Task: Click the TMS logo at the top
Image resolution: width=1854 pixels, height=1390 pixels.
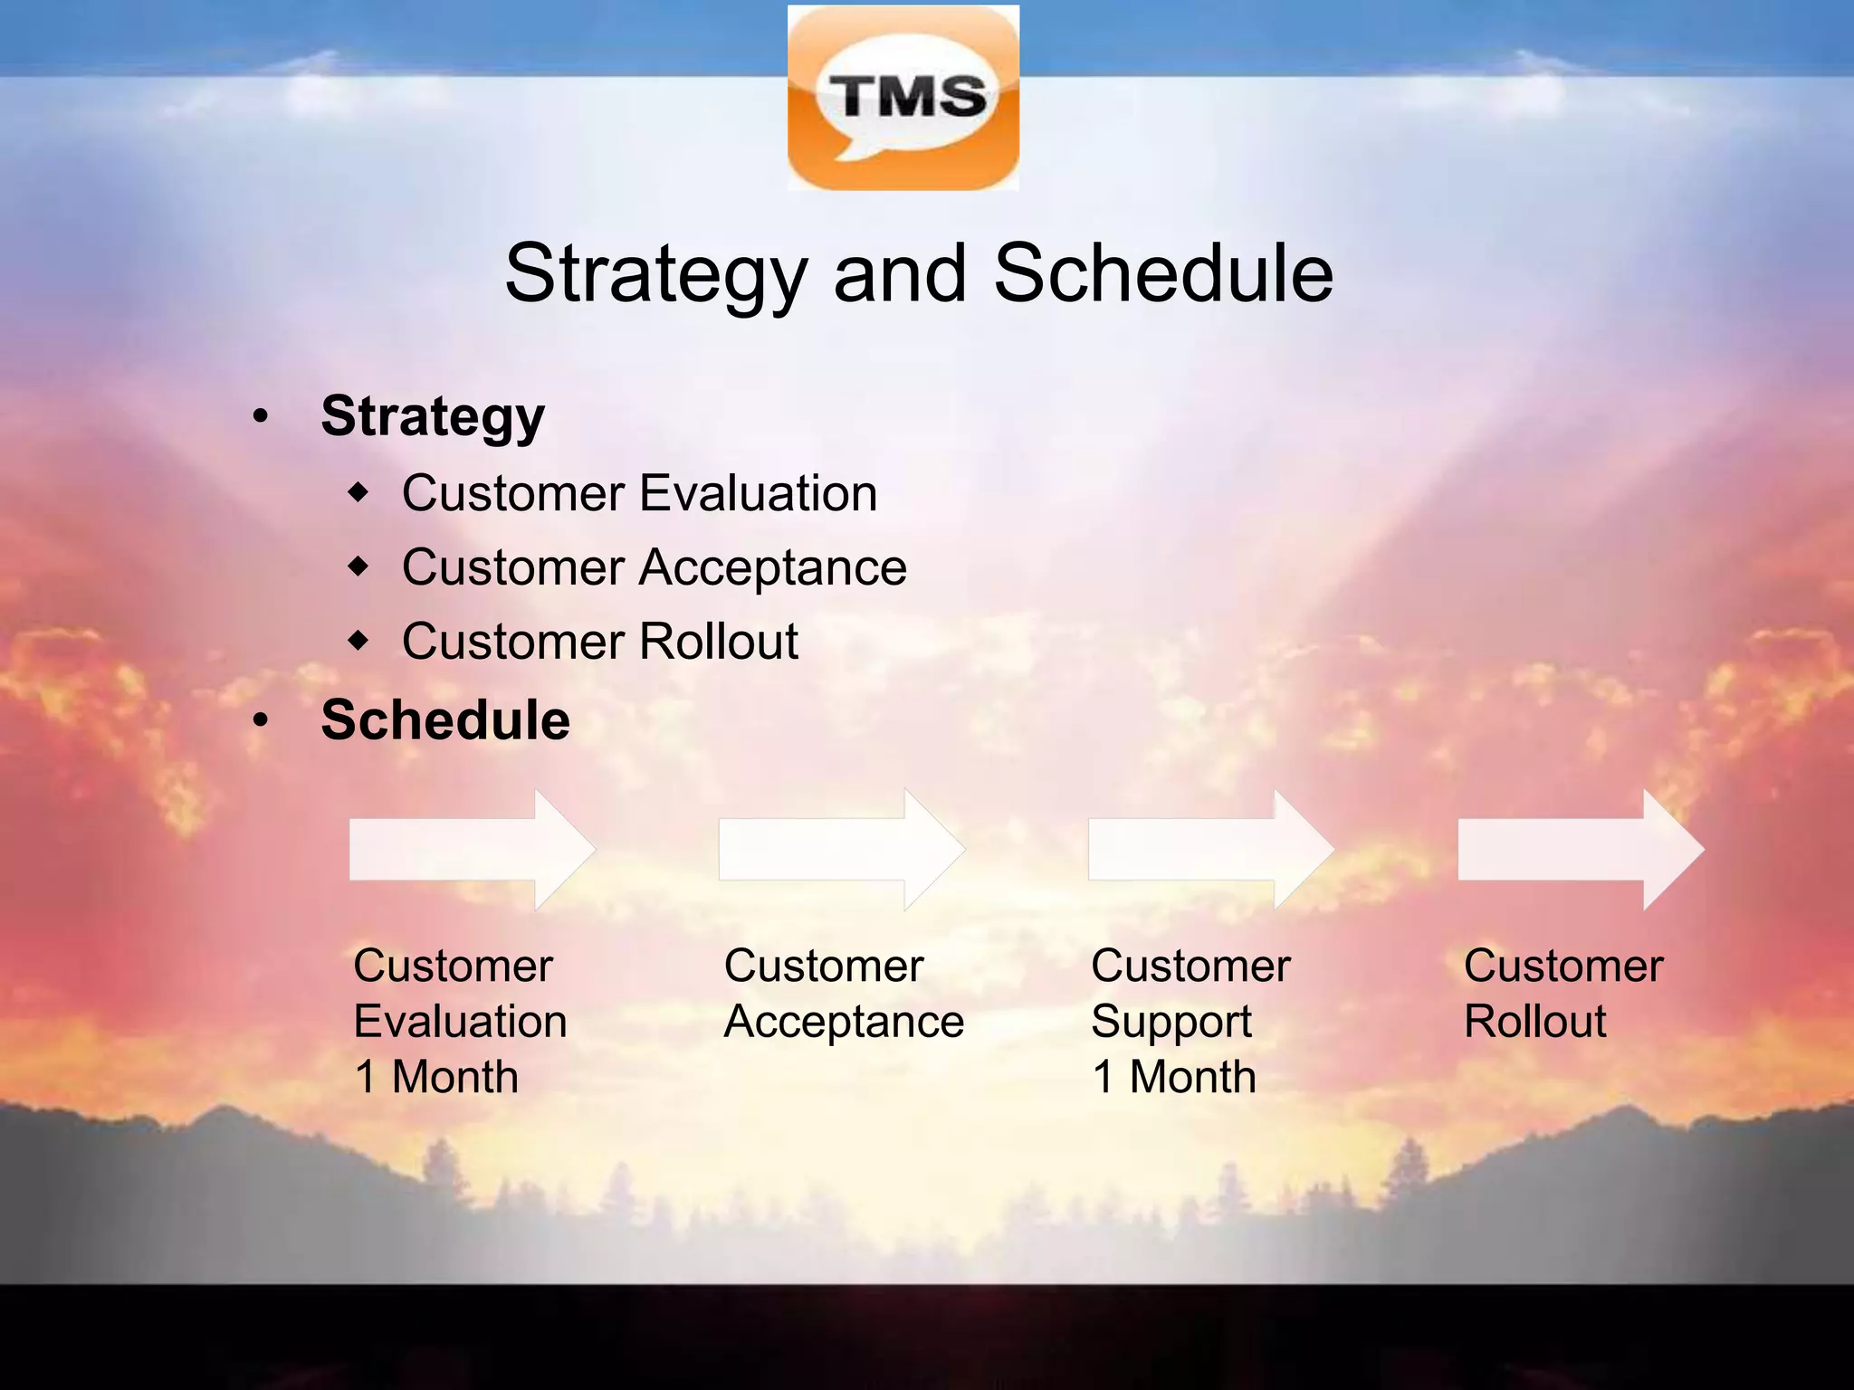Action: point(903,97)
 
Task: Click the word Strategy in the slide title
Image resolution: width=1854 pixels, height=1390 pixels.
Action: point(655,274)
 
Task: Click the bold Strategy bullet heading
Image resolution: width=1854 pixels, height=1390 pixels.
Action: point(433,417)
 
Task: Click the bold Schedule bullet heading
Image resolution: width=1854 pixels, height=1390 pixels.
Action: point(445,720)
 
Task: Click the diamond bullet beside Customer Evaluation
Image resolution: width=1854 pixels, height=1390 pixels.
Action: point(359,494)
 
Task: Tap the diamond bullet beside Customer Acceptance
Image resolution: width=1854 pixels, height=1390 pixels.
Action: point(359,567)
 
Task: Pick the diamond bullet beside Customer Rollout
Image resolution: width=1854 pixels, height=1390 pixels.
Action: point(359,642)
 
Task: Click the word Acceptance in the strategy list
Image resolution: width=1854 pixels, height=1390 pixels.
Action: point(772,568)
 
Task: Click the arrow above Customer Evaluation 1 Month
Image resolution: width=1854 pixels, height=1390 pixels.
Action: point(472,849)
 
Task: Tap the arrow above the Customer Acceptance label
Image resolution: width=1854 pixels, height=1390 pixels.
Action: point(841,849)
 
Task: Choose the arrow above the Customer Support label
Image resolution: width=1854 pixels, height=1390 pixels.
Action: point(1210,849)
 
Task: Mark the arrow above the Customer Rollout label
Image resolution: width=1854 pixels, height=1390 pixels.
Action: point(1580,849)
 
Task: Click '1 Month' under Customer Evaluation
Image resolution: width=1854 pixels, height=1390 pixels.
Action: point(436,1077)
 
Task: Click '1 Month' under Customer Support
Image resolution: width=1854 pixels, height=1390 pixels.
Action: point(1174,1077)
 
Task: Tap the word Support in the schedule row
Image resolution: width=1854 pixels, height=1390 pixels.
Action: point(1171,1023)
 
